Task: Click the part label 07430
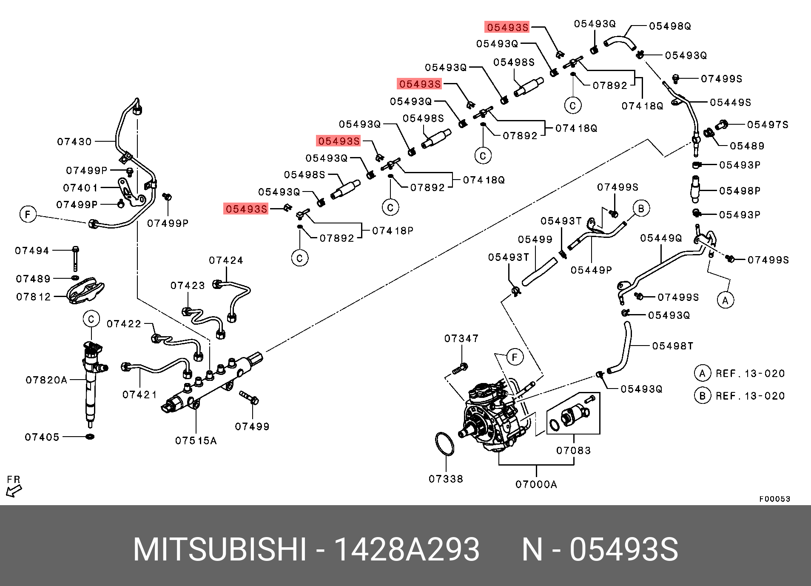coord(74,142)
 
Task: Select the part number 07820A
coord(46,380)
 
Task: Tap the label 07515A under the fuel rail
coord(196,441)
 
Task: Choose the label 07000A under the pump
coord(536,484)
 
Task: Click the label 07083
coord(573,450)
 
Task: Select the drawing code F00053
coord(774,499)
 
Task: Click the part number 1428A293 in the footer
coord(407,549)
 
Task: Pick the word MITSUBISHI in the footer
coord(219,549)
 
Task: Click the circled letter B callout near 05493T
coord(641,209)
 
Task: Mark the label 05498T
coord(673,346)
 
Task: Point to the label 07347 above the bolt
coord(461,338)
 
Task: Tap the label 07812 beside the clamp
coord(34,297)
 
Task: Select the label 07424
coord(226,260)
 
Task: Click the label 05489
coord(747,146)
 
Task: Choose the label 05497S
coord(768,125)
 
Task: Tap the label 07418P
coord(393,231)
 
